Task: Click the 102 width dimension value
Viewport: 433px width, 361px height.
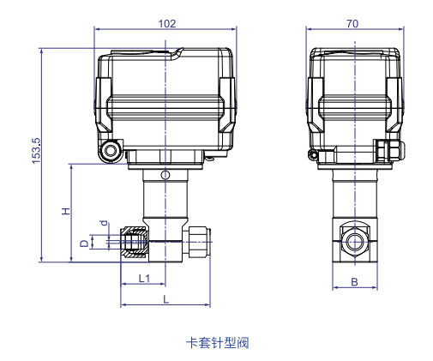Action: [167, 24]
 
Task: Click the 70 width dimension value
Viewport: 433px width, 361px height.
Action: [352, 24]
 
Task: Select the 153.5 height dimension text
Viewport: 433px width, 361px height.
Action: [37, 151]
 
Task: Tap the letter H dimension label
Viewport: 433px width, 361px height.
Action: [66, 211]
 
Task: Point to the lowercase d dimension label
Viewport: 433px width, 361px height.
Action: [105, 223]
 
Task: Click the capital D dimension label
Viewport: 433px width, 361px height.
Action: [84, 244]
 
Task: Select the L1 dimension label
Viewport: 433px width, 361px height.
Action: [144, 278]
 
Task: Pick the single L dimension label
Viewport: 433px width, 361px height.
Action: [165, 299]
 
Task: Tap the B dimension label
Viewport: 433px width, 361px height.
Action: [354, 282]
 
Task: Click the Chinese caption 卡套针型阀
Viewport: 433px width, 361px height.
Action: [218, 343]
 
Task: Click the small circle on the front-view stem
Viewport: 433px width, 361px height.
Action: [165, 175]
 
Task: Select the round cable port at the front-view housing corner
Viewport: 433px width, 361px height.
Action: [111, 150]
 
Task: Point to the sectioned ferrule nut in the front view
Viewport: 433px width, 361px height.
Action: [135, 242]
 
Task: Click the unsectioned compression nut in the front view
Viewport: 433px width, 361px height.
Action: [196, 242]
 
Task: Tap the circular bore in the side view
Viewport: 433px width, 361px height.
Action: [354, 242]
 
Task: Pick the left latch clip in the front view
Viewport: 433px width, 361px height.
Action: [104, 105]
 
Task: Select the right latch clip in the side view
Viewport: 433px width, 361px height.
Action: [394, 105]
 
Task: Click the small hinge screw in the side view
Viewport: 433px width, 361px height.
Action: [313, 155]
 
